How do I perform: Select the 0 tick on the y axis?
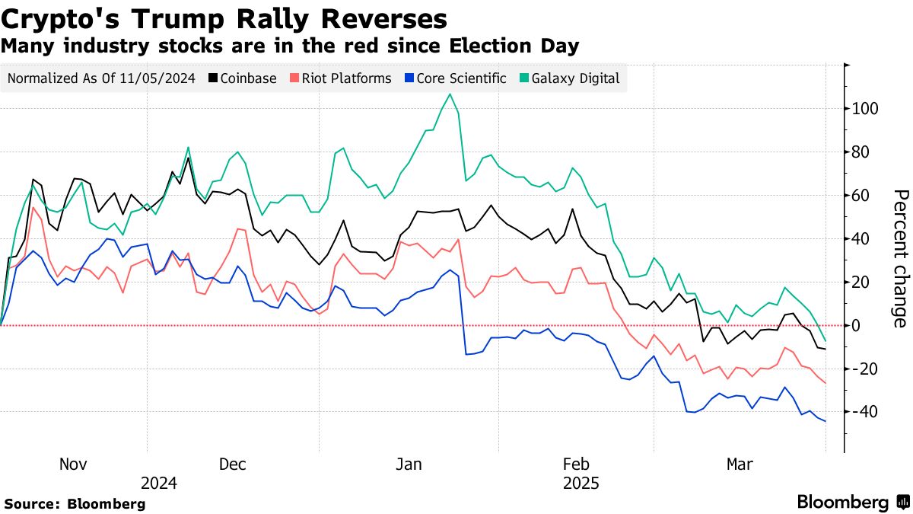coord(858,326)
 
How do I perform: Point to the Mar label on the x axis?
coord(740,464)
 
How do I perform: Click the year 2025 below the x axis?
coord(581,483)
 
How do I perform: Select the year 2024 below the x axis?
coord(159,483)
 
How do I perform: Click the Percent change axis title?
coord(899,259)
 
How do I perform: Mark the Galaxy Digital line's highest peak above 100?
coord(450,94)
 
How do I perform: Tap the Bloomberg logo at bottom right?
coord(852,502)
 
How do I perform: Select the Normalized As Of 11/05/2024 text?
coord(101,78)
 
